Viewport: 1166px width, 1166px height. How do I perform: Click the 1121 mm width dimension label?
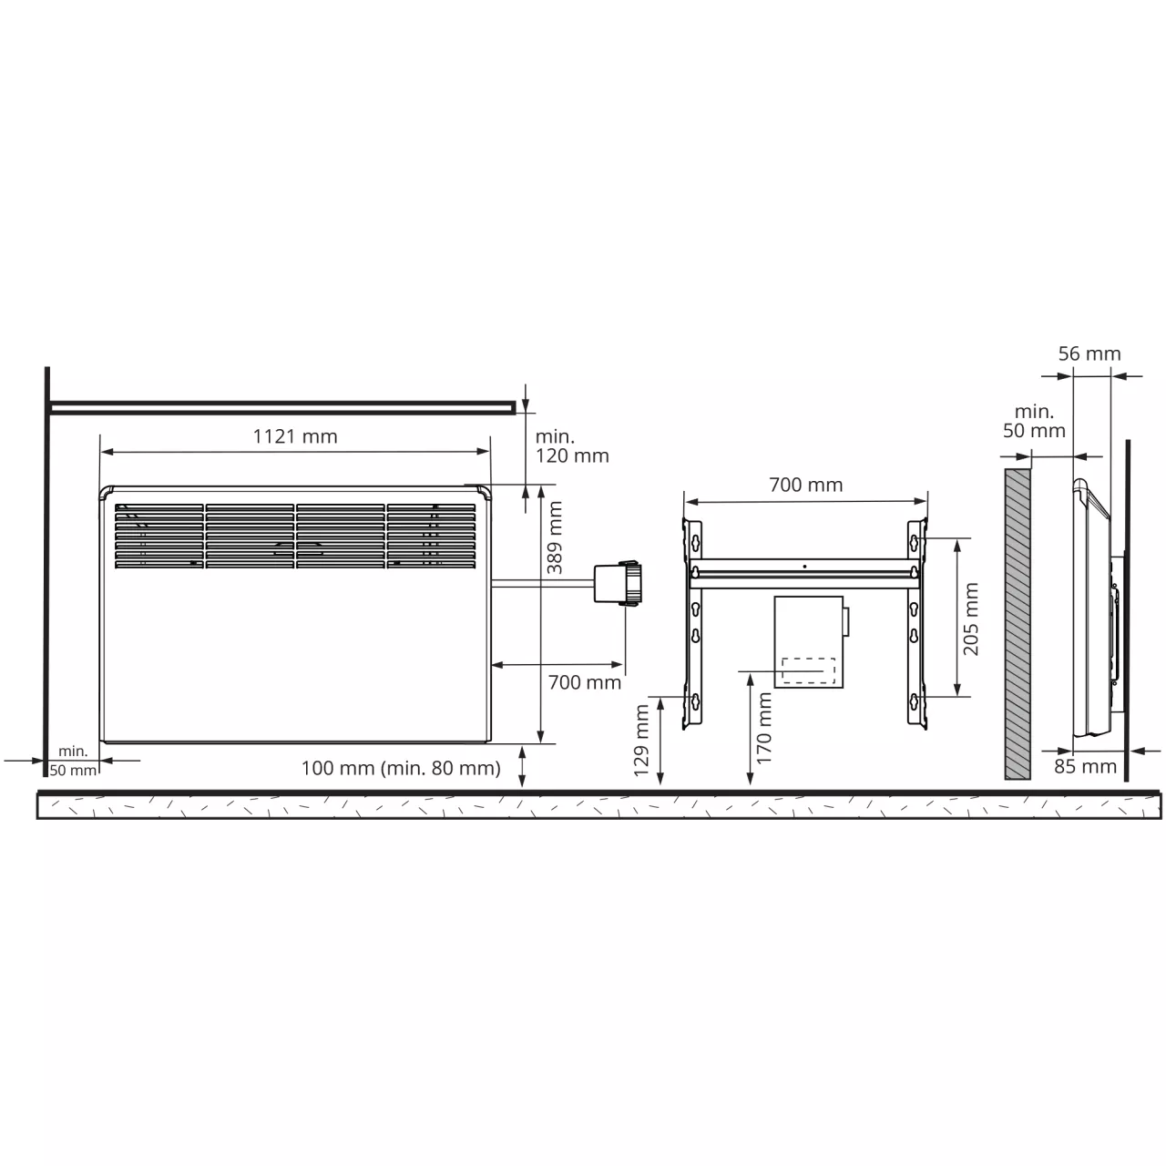coord(294,436)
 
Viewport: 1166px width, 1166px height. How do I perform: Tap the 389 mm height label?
coord(554,538)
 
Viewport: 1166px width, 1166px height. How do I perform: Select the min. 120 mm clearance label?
coord(572,446)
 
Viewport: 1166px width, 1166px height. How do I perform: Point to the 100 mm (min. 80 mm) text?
coord(401,768)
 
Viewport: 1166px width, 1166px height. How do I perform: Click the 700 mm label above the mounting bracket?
coord(805,485)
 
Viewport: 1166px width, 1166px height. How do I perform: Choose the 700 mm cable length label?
coord(585,682)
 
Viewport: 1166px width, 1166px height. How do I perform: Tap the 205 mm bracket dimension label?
coord(970,619)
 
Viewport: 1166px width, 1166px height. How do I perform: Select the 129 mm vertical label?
coord(640,742)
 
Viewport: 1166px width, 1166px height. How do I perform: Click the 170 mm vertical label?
coord(764,729)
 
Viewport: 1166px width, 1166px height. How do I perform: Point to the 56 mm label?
coord(1089,353)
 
